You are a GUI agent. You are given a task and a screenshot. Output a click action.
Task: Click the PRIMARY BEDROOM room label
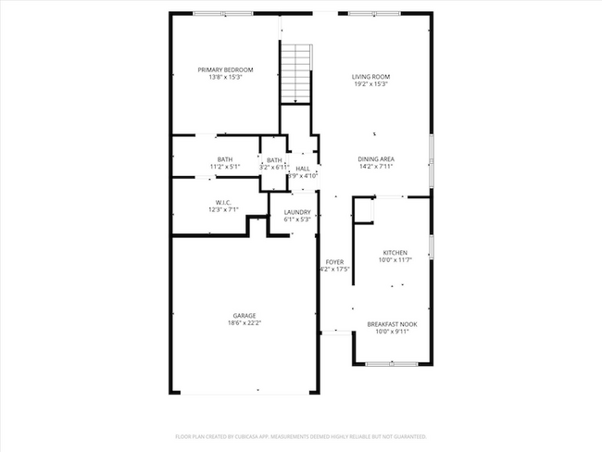point(225,69)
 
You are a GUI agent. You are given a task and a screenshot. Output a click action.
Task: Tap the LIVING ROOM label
point(370,76)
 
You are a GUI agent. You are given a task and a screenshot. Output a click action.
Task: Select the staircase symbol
point(295,72)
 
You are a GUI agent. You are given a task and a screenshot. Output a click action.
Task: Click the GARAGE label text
point(245,315)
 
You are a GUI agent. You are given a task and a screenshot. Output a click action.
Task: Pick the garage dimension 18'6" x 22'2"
point(245,322)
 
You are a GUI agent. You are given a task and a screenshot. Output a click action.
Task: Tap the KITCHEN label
point(395,252)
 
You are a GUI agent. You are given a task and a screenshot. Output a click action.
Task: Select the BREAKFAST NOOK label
point(392,323)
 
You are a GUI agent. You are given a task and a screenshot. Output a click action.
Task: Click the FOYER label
point(334,262)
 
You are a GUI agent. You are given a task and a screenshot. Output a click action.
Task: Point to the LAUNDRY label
point(296,212)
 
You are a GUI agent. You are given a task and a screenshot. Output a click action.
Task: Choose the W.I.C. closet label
point(223,202)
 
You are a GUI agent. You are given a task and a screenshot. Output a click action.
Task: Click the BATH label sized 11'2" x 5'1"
point(225,159)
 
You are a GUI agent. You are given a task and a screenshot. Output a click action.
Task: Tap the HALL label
point(303,169)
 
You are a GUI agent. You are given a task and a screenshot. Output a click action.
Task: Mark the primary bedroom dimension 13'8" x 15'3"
point(225,77)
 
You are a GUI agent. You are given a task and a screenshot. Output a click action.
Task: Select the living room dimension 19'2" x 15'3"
point(370,83)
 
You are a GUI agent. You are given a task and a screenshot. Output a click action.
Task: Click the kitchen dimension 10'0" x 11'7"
point(395,259)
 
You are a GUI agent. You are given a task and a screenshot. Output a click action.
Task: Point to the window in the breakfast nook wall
point(392,363)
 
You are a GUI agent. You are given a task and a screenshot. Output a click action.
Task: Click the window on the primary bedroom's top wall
point(223,13)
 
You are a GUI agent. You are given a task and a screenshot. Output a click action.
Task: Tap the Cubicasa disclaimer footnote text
point(300,435)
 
